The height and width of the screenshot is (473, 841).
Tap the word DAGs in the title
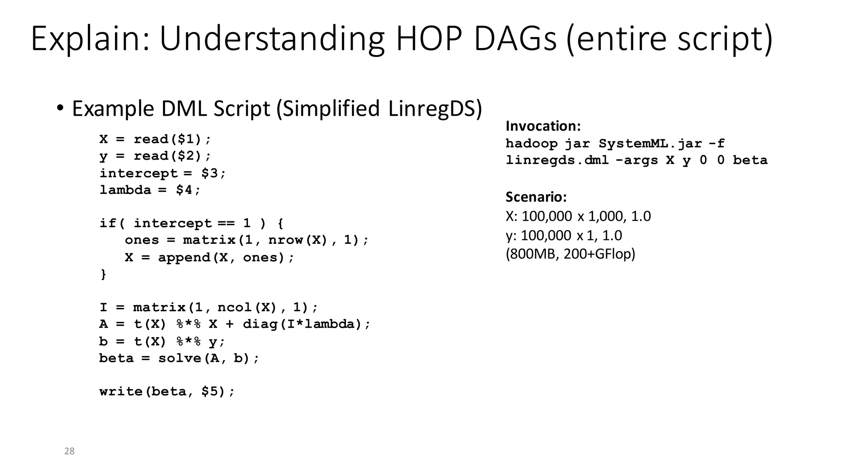click(516, 39)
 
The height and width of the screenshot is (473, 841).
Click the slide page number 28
click(69, 451)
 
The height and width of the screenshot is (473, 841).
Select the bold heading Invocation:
click(543, 126)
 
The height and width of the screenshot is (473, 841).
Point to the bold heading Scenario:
click(536, 197)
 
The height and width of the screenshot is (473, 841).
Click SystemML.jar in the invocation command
click(650, 144)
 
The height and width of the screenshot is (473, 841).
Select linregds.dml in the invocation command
click(557, 160)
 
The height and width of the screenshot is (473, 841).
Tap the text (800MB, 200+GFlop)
click(570, 254)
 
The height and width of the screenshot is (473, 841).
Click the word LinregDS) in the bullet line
click(435, 109)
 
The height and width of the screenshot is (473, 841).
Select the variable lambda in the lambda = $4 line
click(125, 190)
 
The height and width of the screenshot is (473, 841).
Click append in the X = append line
click(184, 257)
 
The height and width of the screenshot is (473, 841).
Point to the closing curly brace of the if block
click(103, 274)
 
